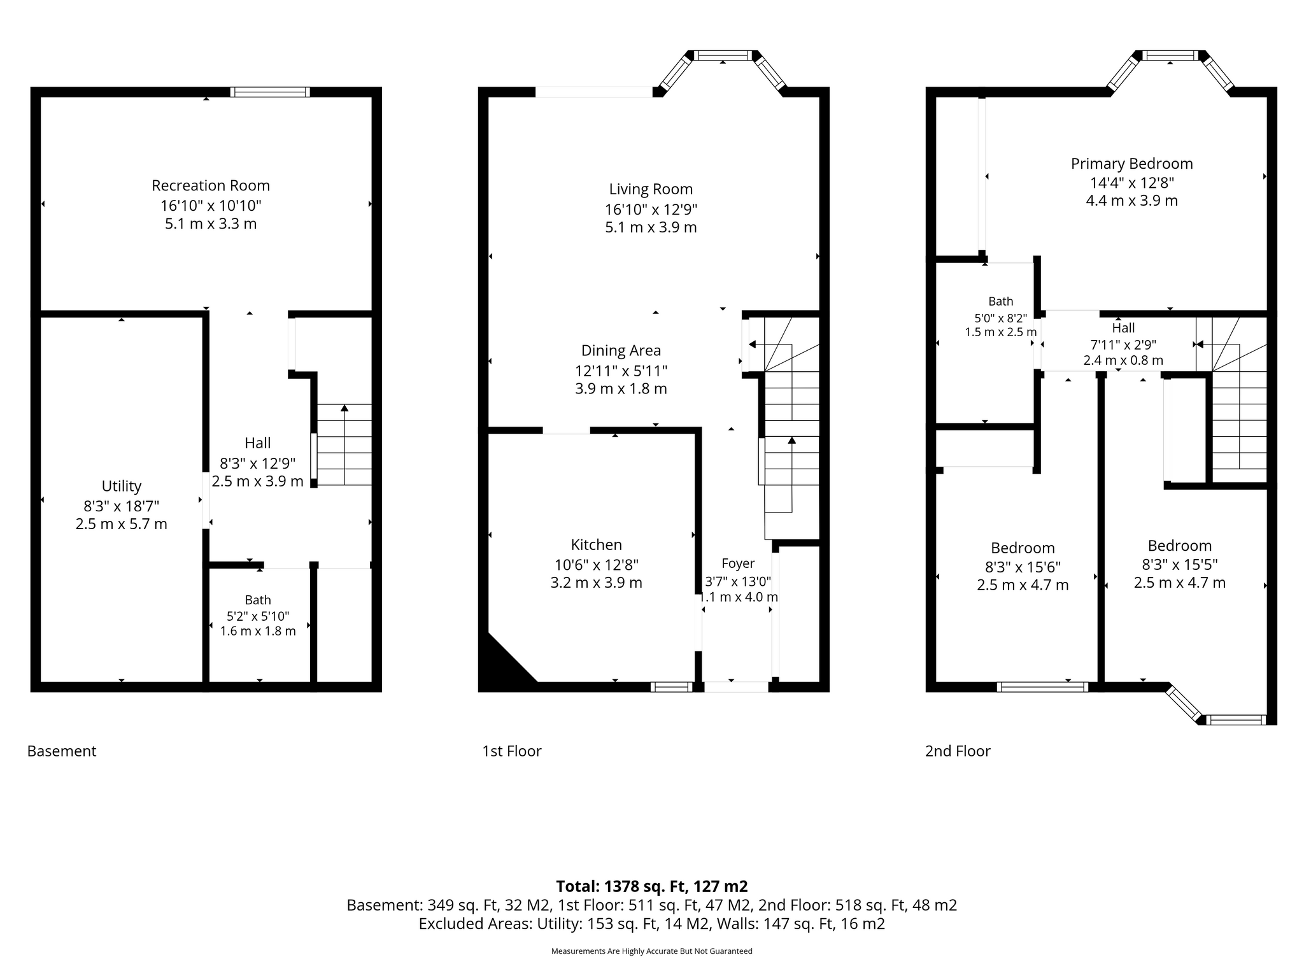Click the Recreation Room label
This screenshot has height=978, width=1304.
point(211,185)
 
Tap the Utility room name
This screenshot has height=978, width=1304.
point(122,486)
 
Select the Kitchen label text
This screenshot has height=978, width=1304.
point(597,545)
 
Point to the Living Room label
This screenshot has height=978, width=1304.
point(651,189)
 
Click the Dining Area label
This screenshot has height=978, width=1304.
point(621,350)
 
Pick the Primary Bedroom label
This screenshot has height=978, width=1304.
point(1131,164)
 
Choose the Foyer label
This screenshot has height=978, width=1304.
point(738,563)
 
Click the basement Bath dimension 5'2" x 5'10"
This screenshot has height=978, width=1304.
point(258,616)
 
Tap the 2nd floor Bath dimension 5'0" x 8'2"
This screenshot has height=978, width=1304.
point(1000,317)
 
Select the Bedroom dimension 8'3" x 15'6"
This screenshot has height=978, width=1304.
point(1023,567)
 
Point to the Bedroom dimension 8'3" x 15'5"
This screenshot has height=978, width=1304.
point(1179,564)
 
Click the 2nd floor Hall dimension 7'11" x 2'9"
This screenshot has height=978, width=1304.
point(1123,344)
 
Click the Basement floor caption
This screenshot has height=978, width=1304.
point(62,751)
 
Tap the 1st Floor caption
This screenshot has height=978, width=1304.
point(512,751)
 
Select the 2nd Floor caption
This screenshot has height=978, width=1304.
point(958,751)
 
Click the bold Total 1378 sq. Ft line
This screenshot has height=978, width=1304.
point(652,886)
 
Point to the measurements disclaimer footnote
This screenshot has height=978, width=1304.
point(652,951)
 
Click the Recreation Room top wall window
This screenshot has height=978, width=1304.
point(270,92)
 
